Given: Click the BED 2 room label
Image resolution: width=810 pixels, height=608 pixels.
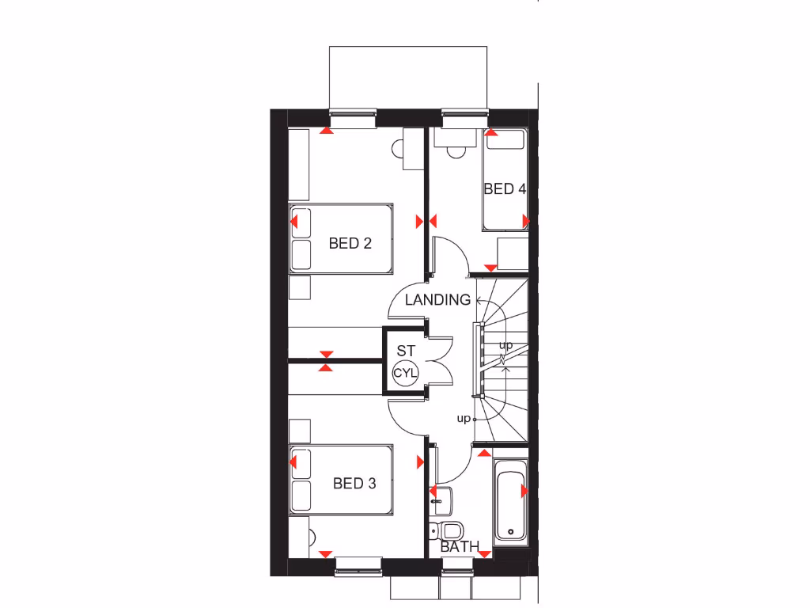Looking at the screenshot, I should pyautogui.click(x=350, y=244).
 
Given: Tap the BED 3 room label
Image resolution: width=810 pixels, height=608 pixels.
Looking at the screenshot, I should pyautogui.click(x=354, y=483).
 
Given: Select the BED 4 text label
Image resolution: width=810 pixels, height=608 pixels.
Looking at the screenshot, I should pyautogui.click(x=505, y=189).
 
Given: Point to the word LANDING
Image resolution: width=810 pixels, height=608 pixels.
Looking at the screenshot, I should pyautogui.click(x=437, y=300).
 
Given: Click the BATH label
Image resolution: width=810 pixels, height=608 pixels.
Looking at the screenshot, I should pyautogui.click(x=460, y=546).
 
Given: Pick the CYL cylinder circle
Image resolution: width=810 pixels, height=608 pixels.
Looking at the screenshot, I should pyautogui.click(x=406, y=373).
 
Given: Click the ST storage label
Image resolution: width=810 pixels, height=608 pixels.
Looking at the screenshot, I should pyautogui.click(x=406, y=350).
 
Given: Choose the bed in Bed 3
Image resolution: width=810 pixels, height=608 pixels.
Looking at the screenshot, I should pyautogui.click(x=341, y=481).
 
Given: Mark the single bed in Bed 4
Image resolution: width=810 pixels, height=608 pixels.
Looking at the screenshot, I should pyautogui.click(x=505, y=180).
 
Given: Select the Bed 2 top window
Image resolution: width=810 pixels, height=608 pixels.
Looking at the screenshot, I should pyautogui.click(x=351, y=119).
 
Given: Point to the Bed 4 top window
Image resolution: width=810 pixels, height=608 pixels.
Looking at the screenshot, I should pyautogui.click(x=464, y=119).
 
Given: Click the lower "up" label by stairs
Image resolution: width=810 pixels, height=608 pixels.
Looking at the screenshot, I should pyautogui.click(x=464, y=417).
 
